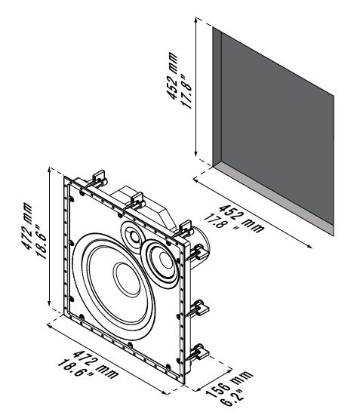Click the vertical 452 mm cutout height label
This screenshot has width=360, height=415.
[x=172, y=75]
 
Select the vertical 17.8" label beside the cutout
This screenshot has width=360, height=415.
[x=186, y=91]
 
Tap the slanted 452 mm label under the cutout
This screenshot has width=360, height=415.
[x=242, y=218]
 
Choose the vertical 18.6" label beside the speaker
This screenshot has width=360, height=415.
[x=42, y=241]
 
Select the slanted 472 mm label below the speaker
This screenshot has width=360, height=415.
[x=95, y=364]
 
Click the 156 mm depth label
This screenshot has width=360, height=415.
[x=229, y=384]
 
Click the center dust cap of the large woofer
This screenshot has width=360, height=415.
[x=127, y=279]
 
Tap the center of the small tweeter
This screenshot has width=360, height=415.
[x=135, y=237]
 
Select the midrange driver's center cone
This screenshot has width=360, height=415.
[x=166, y=260]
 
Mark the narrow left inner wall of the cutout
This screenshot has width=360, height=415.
[x=217, y=97]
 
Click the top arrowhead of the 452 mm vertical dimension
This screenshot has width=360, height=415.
[x=196, y=20]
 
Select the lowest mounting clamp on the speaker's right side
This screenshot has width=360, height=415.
[x=198, y=353]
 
